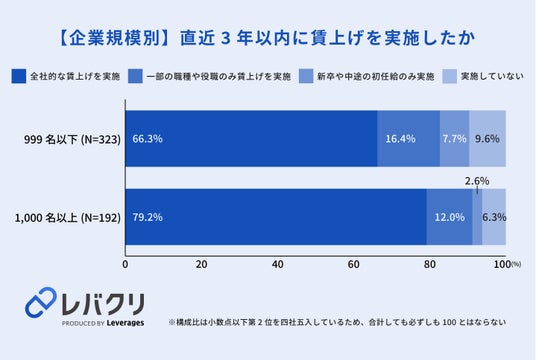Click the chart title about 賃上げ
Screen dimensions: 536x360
point(266,38)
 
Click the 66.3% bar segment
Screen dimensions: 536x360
point(251,138)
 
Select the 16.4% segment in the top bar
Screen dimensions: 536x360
point(408,138)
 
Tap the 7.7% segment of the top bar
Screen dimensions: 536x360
point(455,138)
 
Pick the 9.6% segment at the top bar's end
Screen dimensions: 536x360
point(487,138)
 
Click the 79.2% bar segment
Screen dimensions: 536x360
point(276,217)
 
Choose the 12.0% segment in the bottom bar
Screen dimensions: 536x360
point(449,217)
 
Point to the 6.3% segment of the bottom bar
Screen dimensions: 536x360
point(494,217)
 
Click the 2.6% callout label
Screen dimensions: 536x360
point(477,181)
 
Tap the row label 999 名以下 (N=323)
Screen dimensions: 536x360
point(72,139)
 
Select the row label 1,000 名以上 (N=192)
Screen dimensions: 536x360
point(67,217)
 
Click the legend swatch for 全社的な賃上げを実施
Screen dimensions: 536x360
point(18,76)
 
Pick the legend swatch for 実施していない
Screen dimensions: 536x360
point(450,76)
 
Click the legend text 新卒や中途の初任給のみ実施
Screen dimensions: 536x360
point(376,76)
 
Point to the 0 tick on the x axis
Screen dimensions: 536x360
point(125,264)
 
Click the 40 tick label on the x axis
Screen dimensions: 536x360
point(278,264)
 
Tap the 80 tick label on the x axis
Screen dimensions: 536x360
point(430,264)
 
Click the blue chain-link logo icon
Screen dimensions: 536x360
point(41,302)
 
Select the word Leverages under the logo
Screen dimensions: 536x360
point(125,323)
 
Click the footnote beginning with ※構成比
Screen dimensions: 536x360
point(337,322)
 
